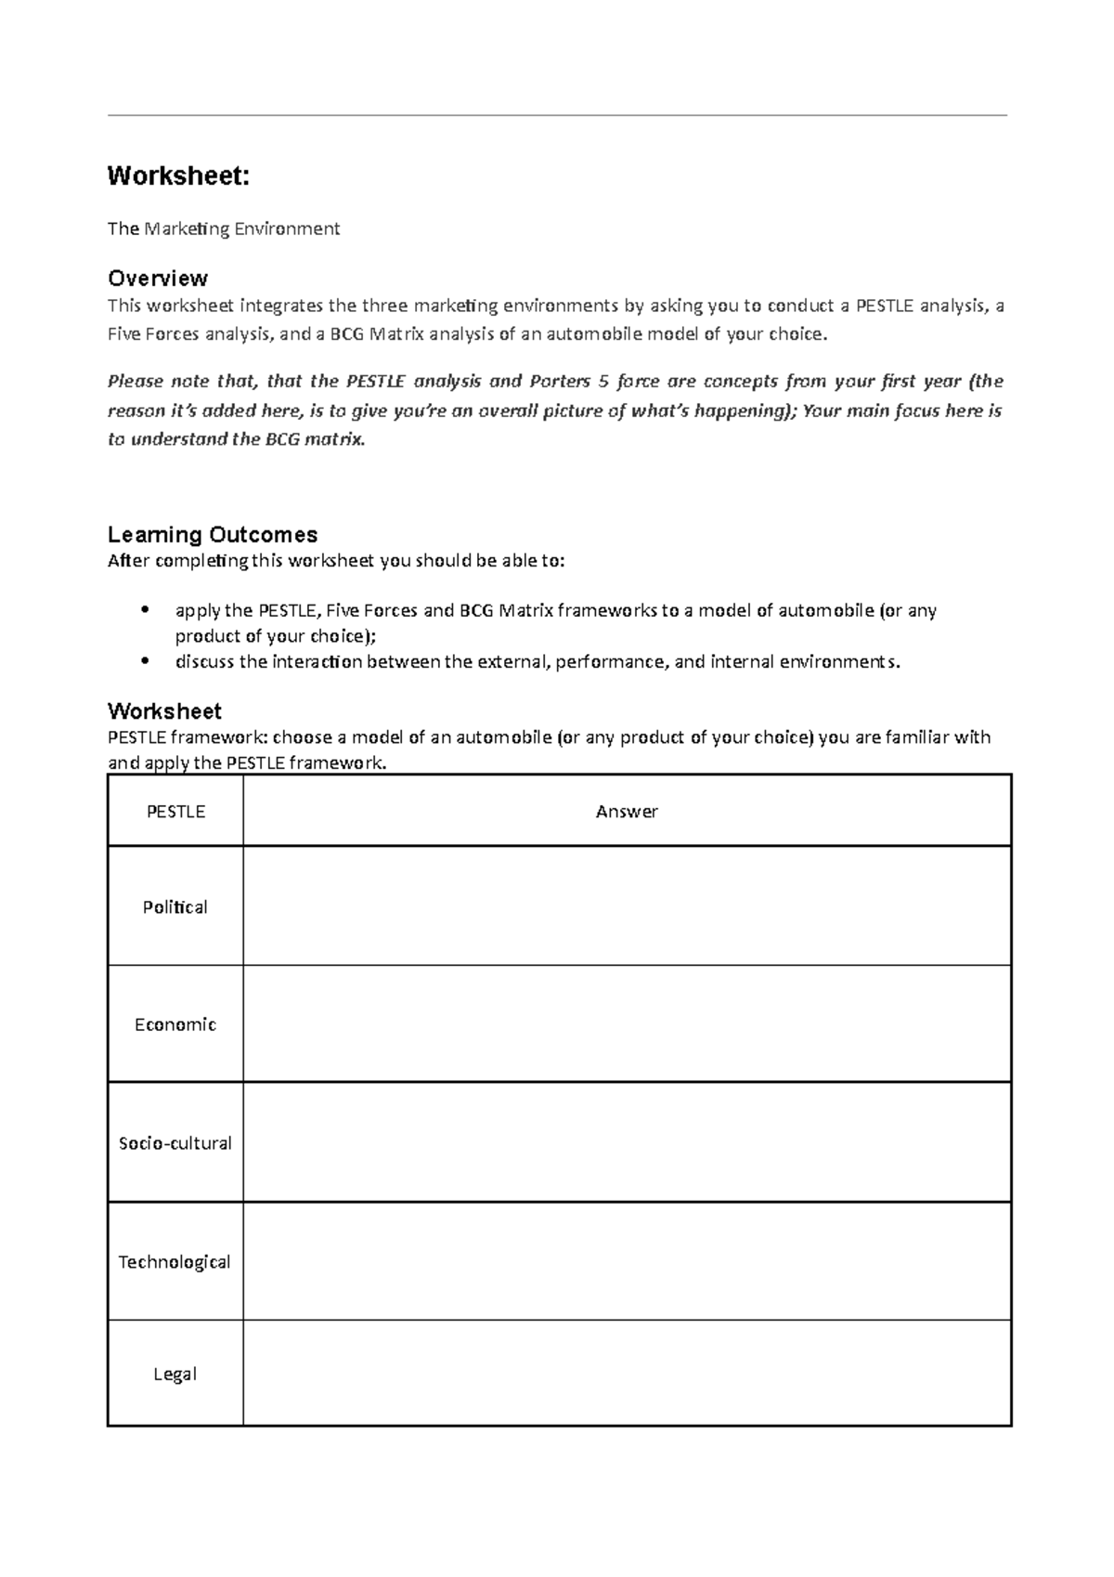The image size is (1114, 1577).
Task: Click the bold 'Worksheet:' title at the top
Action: (x=178, y=176)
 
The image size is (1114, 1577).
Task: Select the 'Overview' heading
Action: (x=157, y=278)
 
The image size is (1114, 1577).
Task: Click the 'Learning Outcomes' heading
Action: (x=213, y=534)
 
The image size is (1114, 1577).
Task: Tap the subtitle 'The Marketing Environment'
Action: (x=224, y=228)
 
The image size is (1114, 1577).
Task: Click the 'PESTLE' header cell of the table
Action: (x=175, y=811)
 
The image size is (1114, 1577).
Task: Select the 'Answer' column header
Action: (x=627, y=811)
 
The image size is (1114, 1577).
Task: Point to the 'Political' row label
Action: (x=175, y=906)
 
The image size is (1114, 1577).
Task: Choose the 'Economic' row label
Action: (x=175, y=1024)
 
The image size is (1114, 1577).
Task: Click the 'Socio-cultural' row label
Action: (x=175, y=1143)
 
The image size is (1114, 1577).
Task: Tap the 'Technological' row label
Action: (x=175, y=1261)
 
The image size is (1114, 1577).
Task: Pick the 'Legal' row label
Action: (x=175, y=1374)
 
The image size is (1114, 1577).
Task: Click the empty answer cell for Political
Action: (x=627, y=906)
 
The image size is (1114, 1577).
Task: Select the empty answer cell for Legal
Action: (x=627, y=1374)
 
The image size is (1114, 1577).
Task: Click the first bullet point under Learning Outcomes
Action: (x=144, y=610)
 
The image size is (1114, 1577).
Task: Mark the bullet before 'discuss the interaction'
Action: (x=144, y=661)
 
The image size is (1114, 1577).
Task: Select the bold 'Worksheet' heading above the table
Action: (x=164, y=711)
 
